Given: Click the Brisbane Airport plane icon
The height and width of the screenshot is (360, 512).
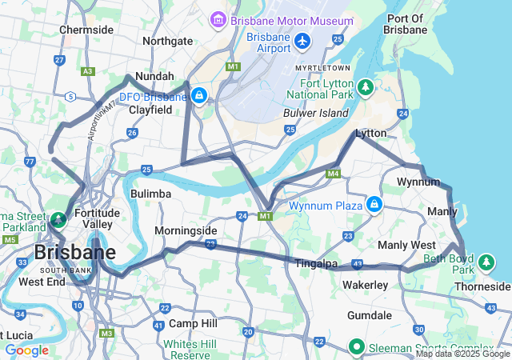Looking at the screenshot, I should click(x=302, y=40).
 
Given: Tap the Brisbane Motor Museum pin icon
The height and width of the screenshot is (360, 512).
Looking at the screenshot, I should click(x=218, y=18).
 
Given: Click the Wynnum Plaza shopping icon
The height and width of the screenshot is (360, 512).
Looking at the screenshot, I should click(x=374, y=206).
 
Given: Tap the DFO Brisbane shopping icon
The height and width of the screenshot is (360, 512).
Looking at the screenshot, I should click(x=199, y=97).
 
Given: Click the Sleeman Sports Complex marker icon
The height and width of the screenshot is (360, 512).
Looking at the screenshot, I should click(x=358, y=347).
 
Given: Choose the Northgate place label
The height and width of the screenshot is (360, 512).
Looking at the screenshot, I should click(x=167, y=41).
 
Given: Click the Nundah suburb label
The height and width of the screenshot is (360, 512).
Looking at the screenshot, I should click(x=154, y=76).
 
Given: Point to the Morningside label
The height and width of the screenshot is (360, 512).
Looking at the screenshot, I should click(x=186, y=230).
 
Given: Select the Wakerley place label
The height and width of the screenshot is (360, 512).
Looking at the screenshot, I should click(x=365, y=285).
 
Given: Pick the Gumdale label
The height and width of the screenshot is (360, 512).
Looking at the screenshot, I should click(x=370, y=316).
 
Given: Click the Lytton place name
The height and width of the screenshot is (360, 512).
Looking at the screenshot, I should click(x=371, y=134).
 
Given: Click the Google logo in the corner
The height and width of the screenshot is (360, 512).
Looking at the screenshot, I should click(x=27, y=350).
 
